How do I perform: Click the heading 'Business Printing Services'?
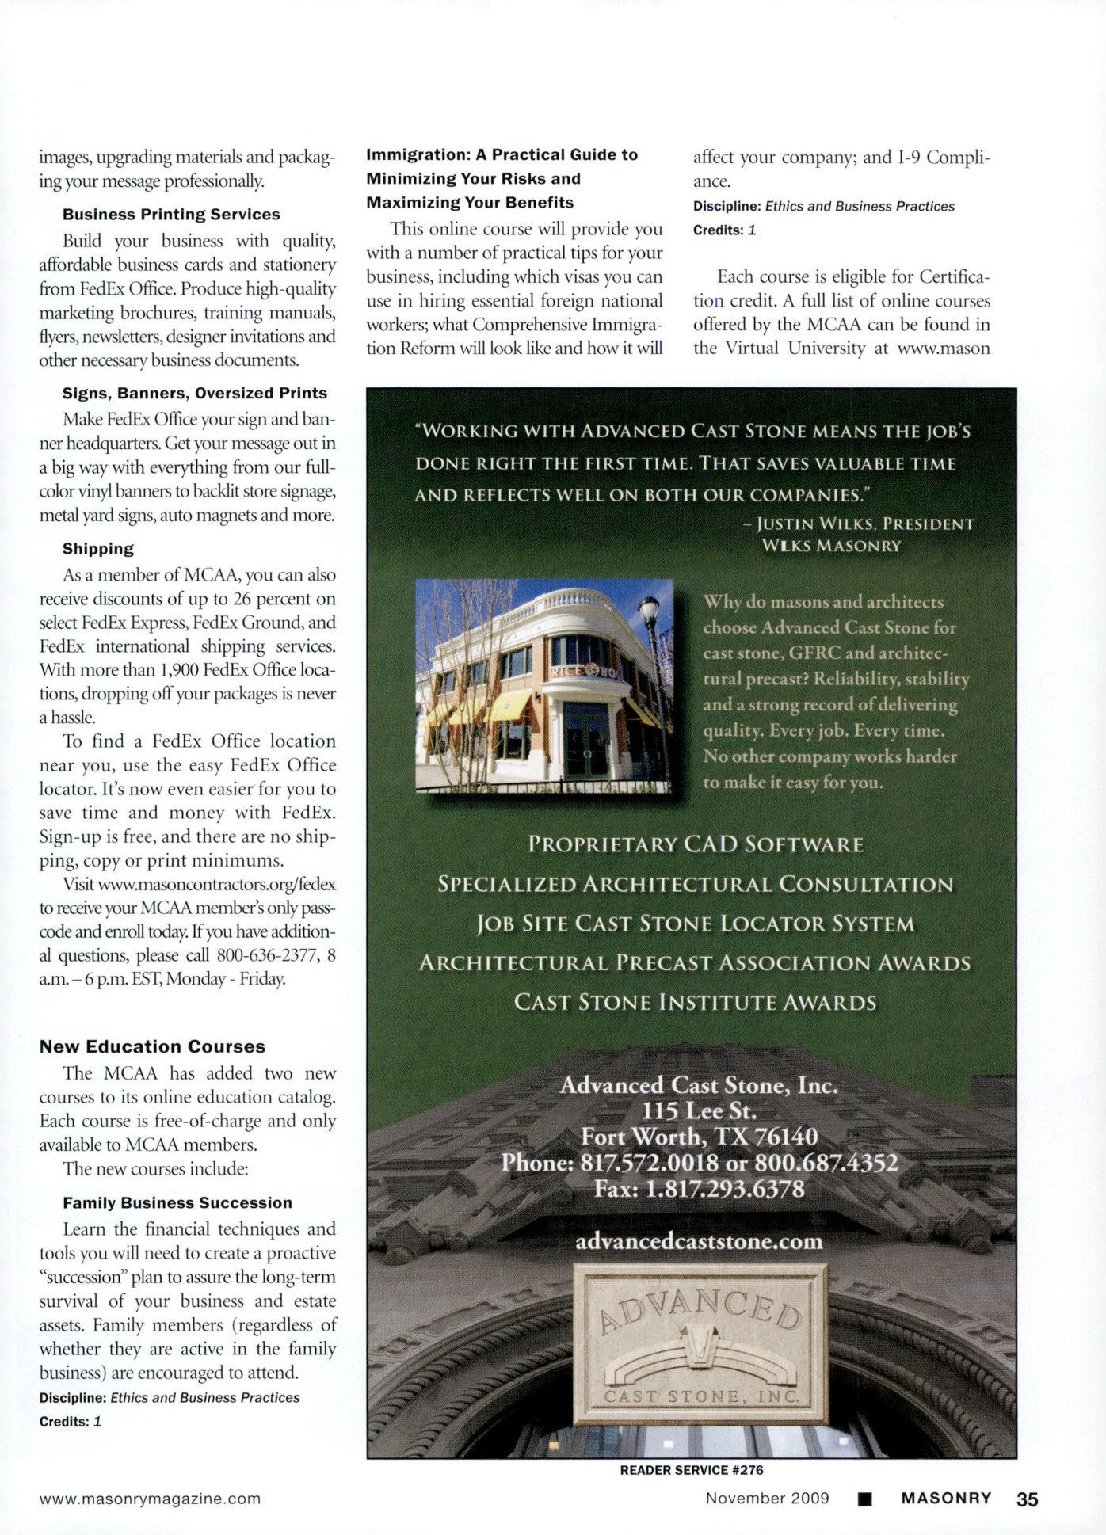coord(171,215)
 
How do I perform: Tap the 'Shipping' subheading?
coord(98,549)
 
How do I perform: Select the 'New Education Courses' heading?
coord(152,1046)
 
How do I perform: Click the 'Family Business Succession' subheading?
coord(177,1202)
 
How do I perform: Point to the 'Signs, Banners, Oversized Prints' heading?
coord(195,394)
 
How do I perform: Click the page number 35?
coord(1027,1499)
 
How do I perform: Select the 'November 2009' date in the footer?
coord(767,1499)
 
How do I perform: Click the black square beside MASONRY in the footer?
coord(865,1499)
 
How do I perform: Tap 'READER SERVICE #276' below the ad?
coord(692,1470)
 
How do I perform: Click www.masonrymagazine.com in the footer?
coord(151,1499)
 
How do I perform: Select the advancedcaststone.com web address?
coord(699,1241)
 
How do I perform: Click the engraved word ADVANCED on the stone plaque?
coord(700,1308)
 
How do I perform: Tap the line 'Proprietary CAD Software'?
coord(696,844)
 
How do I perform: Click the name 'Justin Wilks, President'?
coord(865,524)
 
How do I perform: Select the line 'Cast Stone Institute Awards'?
coord(696,1003)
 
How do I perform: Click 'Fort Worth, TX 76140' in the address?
coord(699,1137)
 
